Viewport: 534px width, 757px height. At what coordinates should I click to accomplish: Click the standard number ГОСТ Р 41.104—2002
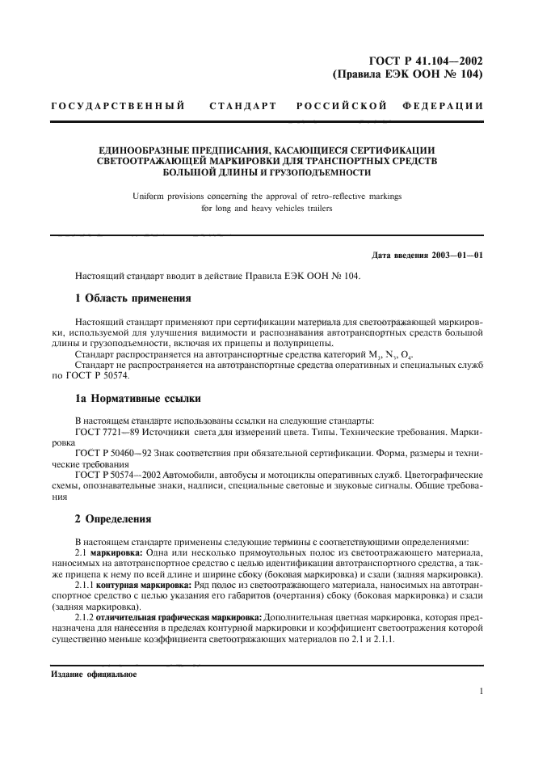pyautogui.click(x=426, y=60)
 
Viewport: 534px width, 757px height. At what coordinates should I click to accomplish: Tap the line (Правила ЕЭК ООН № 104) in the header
pyautogui.click(x=408, y=74)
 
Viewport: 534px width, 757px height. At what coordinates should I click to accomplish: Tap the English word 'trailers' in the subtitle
pyautogui.click(x=316, y=209)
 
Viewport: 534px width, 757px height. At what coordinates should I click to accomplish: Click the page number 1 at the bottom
pyautogui.click(x=481, y=691)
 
